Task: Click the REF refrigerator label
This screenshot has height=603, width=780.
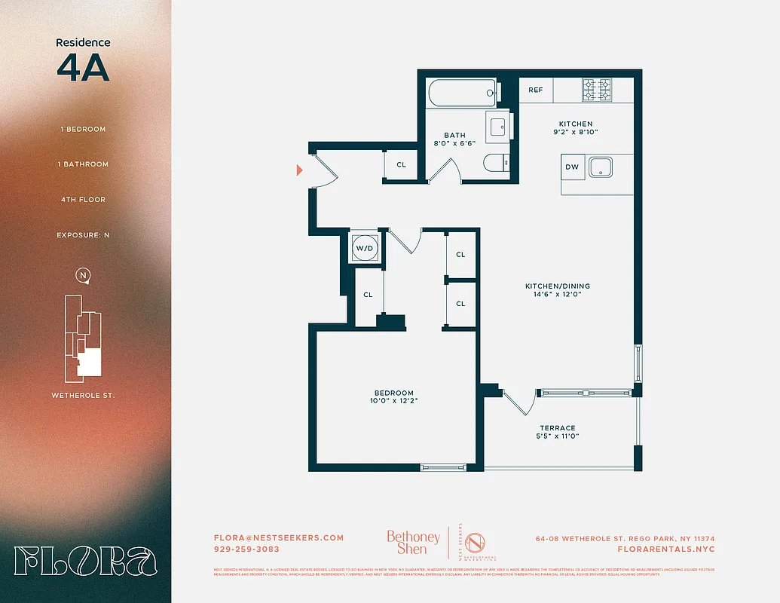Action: pyautogui.click(x=535, y=90)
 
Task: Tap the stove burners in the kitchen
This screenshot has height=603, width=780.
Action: pyautogui.click(x=597, y=90)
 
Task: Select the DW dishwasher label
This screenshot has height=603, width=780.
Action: pyautogui.click(x=572, y=167)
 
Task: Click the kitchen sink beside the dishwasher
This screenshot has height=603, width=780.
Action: pyautogui.click(x=602, y=167)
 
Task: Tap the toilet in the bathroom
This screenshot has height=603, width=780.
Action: pyautogui.click(x=496, y=164)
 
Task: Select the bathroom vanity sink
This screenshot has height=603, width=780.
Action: pyautogui.click(x=499, y=127)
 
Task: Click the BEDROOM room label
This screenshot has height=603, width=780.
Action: pyautogui.click(x=394, y=393)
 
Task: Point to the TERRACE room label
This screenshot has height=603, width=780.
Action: pyautogui.click(x=558, y=427)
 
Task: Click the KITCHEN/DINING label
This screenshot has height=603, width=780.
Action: pyautogui.click(x=558, y=286)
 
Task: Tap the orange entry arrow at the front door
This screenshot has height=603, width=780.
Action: pyautogui.click(x=300, y=170)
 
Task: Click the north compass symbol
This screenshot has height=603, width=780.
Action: pyautogui.click(x=83, y=276)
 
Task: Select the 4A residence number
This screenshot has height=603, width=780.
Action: pyautogui.click(x=83, y=68)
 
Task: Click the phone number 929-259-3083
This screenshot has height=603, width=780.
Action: pyautogui.click(x=247, y=549)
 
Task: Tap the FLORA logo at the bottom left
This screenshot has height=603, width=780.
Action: pyautogui.click(x=85, y=562)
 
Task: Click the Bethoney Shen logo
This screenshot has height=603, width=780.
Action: pyautogui.click(x=413, y=543)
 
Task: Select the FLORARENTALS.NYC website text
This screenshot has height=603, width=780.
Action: pyautogui.click(x=665, y=549)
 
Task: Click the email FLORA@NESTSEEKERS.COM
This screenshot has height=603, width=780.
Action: pyautogui.click(x=279, y=537)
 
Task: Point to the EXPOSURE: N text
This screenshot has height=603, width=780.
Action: pyautogui.click(x=83, y=235)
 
